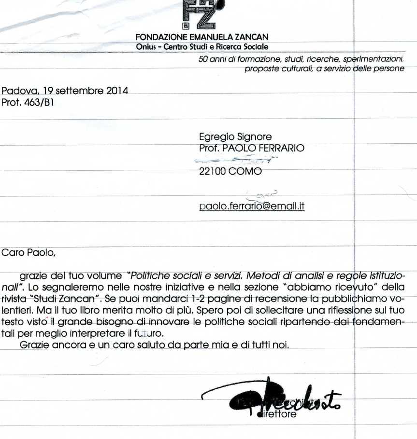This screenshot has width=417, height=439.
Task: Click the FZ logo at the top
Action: click(x=200, y=14)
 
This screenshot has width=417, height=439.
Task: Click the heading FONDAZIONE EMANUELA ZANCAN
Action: click(x=202, y=37)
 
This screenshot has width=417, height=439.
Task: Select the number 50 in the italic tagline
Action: click(x=203, y=59)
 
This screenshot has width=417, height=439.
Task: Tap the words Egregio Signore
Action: click(x=235, y=137)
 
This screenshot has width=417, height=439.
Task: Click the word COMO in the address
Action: click(x=247, y=171)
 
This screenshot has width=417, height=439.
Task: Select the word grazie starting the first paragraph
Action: click(x=34, y=276)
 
